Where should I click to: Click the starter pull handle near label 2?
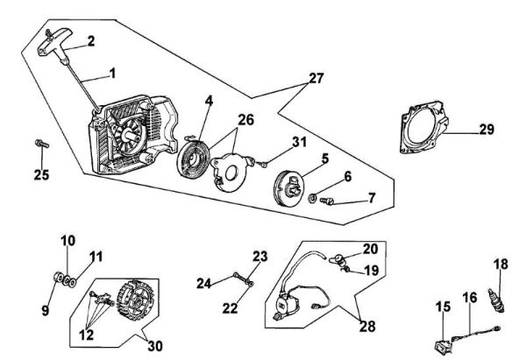coord(62,41)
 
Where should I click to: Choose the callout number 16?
coord(470,298)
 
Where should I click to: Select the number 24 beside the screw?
coord(203,282)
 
